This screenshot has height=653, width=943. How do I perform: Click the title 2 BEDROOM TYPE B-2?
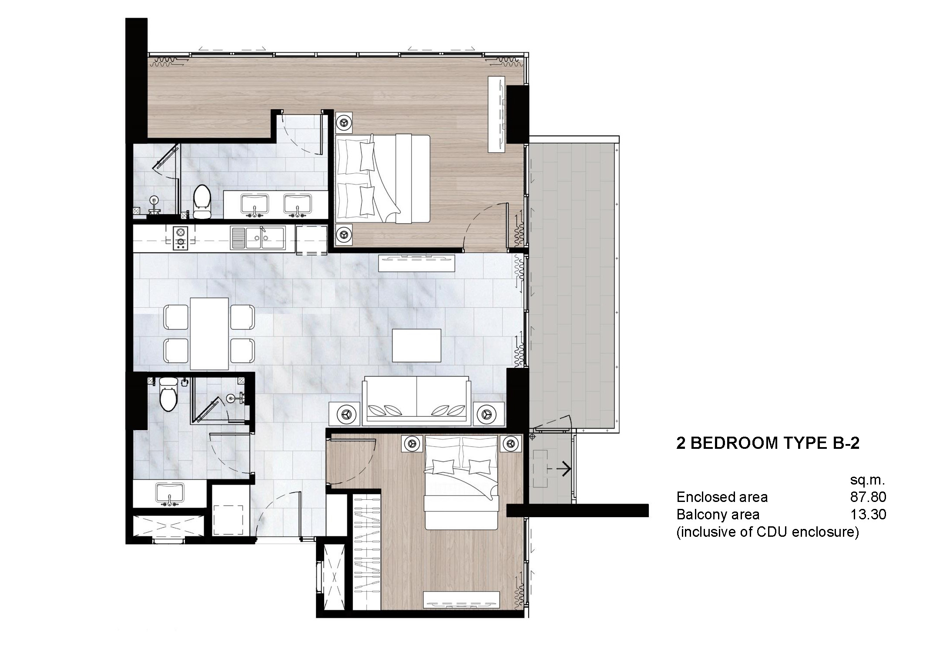(768, 443)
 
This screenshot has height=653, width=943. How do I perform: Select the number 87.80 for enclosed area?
(868, 497)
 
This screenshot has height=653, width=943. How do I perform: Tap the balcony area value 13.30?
(868, 515)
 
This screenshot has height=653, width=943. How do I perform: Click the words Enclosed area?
(722, 497)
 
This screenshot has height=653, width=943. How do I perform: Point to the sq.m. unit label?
(868, 480)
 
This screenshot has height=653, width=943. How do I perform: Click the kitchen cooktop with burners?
(180, 238)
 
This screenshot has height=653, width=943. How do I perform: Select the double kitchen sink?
(258, 238)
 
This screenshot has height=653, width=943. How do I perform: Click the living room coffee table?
(416, 345)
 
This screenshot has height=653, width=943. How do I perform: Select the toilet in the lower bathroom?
(168, 394)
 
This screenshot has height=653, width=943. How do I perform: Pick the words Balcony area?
(718, 515)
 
